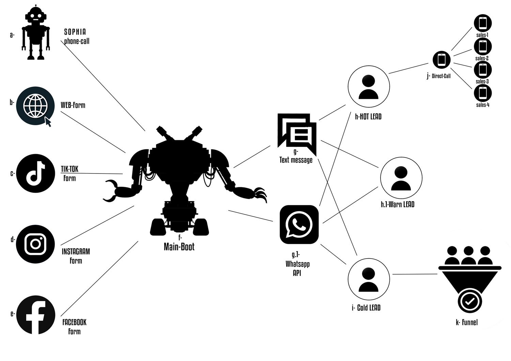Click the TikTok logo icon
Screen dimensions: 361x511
35,174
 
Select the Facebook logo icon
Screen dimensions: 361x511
35,315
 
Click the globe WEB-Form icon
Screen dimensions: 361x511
35,106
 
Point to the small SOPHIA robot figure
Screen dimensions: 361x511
35,32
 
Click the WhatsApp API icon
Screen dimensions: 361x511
299,224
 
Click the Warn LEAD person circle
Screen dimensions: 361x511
401,178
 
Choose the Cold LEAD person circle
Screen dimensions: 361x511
369,279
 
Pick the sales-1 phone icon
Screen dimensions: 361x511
482,23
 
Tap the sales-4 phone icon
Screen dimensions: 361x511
482,93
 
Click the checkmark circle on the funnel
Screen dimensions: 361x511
469,301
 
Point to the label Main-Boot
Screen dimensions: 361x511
179,247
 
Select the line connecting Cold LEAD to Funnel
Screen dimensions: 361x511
415,274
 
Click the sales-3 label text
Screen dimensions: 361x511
482,82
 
